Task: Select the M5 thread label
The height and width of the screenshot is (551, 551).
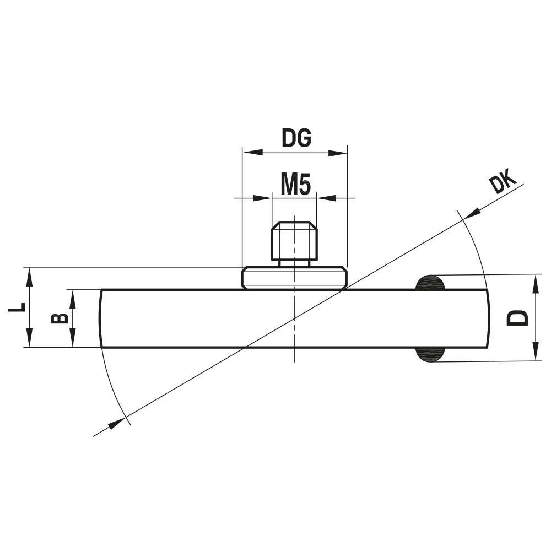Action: pyautogui.click(x=296, y=184)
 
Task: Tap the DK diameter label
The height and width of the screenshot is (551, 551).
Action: pyautogui.click(x=502, y=183)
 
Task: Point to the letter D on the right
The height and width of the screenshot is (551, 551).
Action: pyautogui.click(x=517, y=318)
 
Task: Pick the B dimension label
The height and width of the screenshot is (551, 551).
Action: pyautogui.click(x=59, y=318)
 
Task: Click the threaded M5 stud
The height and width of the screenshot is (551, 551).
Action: pyautogui.click(x=294, y=241)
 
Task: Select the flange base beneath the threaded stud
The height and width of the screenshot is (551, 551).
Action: pyautogui.click(x=294, y=278)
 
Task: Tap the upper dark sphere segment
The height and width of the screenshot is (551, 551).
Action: pyautogui.click(x=430, y=282)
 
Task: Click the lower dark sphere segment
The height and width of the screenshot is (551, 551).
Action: pyautogui.click(x=430, y=355)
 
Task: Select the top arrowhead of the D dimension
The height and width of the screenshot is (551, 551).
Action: pyautogui.click(x=534, y=283)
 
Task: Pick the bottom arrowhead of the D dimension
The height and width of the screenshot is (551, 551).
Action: pyautogui.click(x=534, y=353)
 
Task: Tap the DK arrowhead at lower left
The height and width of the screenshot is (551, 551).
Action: pyautogui.click(x=115, y=424)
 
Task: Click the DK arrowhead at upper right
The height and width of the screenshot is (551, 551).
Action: pyautogui.click(x=472, y=213)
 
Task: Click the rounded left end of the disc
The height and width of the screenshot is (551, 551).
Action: pyautogui.click(x=101, y=318)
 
